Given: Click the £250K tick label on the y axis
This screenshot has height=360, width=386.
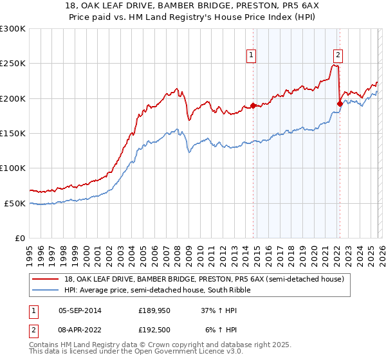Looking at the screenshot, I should coord(13,64).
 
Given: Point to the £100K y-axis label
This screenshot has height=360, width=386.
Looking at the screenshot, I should coord(13,168).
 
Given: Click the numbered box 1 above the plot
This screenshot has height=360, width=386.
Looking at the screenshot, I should coord(252,55).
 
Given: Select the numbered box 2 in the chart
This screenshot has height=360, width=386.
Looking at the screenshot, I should coord(338,55).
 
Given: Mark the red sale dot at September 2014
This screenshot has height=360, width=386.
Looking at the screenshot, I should coord(253,105).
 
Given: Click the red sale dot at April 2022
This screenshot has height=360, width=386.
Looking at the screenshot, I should coord(340,104).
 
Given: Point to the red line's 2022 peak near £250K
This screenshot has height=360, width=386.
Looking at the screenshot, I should coord(335,65).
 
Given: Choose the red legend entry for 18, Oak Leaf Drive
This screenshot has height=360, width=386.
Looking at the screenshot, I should coord(200,279).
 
